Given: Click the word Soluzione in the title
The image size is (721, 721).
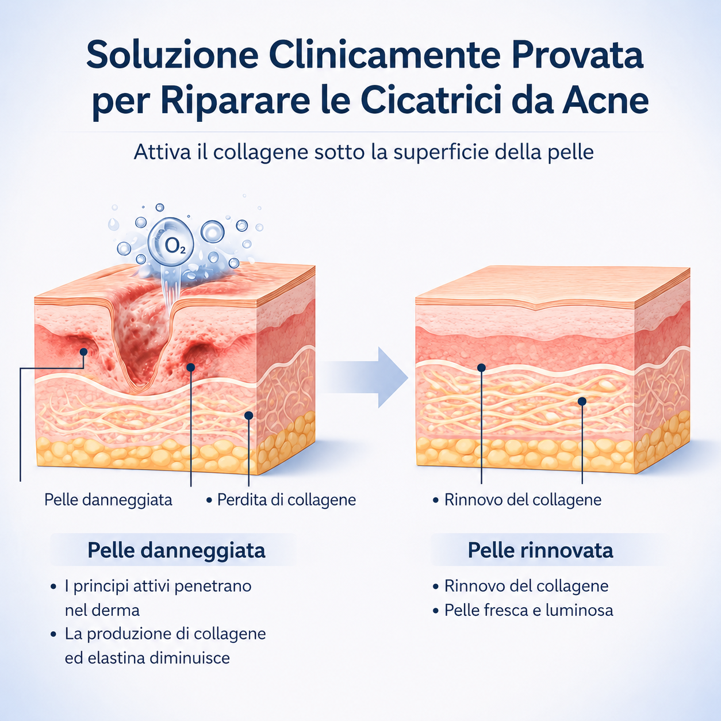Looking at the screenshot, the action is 172,55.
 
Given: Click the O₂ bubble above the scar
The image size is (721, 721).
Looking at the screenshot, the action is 171,242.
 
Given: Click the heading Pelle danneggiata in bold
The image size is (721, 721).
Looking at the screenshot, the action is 177,550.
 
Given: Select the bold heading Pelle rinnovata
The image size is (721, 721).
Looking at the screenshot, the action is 540,550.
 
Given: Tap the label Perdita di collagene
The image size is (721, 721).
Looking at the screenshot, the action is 286,500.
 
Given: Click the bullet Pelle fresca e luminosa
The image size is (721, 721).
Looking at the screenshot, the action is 528,610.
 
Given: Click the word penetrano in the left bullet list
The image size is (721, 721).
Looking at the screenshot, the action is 213,586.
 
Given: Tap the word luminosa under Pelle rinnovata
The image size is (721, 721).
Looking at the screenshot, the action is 579,610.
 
